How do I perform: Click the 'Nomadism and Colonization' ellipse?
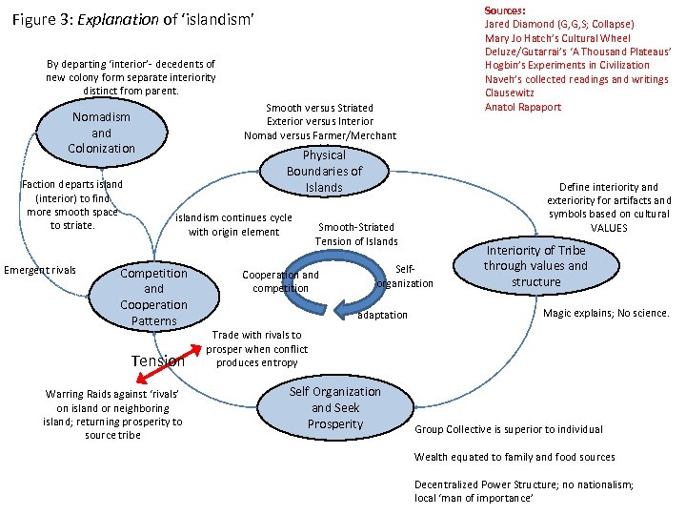101,134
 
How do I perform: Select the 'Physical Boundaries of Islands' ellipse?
324,171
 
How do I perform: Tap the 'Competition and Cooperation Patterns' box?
153,297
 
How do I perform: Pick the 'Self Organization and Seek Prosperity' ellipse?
334,407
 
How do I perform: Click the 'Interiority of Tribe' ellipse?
535,266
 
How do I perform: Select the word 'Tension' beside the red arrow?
156,360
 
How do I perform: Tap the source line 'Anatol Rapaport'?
523,107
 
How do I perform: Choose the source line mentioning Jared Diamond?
559,24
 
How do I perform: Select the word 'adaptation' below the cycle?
382,315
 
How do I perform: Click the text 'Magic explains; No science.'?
606,313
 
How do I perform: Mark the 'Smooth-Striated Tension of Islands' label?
356,234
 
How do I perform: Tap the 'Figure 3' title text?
134,19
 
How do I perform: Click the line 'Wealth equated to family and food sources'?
514,457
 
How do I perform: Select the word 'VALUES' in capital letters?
609,228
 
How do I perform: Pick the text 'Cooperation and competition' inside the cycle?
280,281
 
